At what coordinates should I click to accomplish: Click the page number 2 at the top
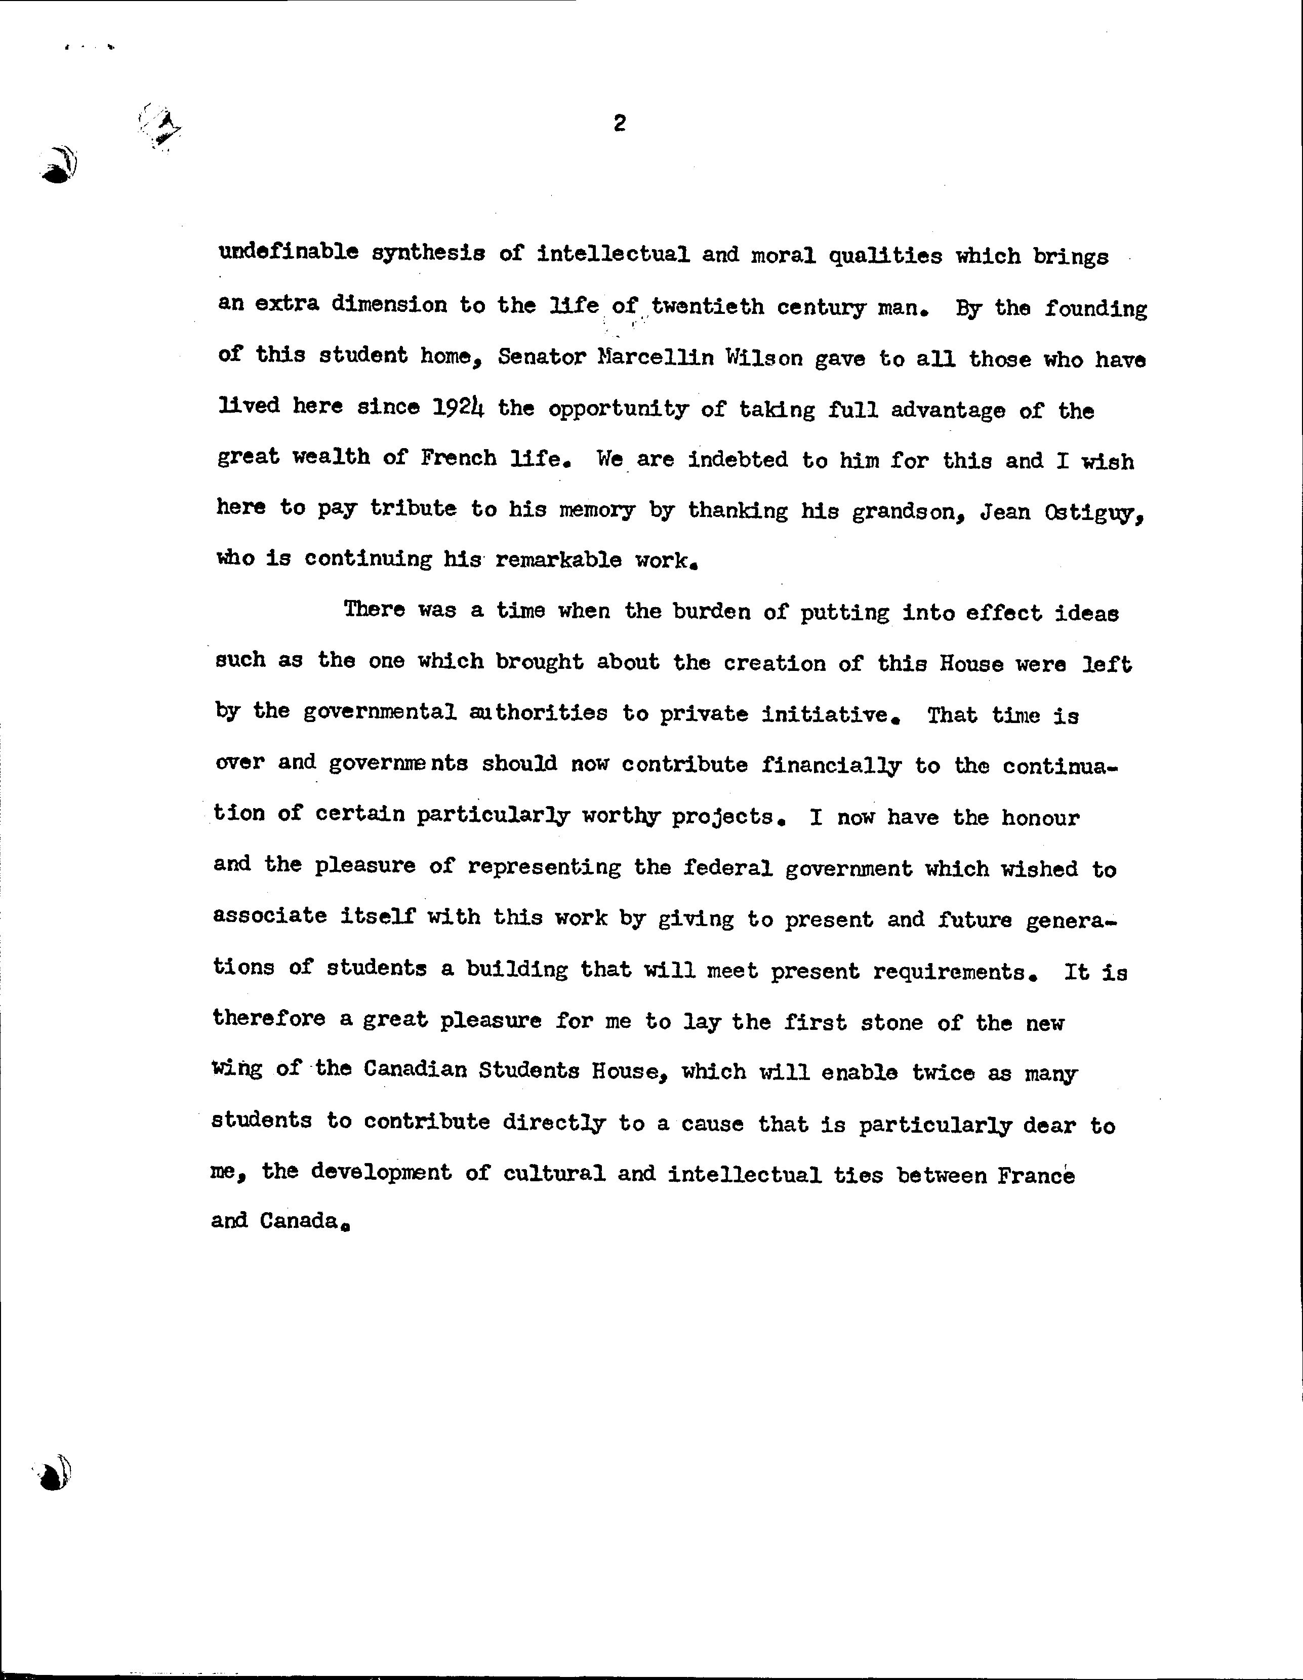pos(619,123)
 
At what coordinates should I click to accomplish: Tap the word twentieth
pos(708,307)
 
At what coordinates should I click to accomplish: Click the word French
pos(459,458)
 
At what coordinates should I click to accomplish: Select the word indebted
pos(739,459)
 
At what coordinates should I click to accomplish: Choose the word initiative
pos(829,714)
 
